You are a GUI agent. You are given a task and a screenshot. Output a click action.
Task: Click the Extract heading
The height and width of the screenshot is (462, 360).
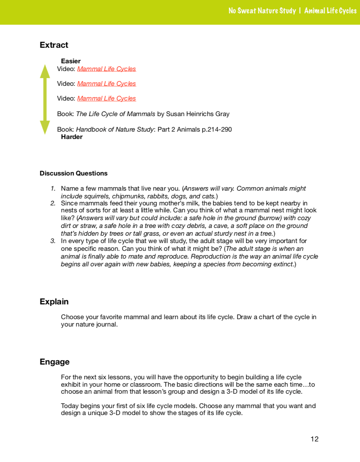tap(54, 45)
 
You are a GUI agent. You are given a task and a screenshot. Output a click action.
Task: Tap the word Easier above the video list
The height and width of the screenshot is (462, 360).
tap(71, 61)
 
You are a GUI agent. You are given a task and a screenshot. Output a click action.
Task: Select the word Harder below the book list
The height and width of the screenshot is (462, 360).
tap(72, 137)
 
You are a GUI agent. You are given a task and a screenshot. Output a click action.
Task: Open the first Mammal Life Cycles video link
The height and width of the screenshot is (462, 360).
tap(106, 69)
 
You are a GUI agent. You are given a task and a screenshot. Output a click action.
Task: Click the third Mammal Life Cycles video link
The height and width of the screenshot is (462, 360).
tap(106, 98)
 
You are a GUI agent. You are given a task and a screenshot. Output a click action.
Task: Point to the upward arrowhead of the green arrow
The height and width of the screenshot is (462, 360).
tap(45, 71)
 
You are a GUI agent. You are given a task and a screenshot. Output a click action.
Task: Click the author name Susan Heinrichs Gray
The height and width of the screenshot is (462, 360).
tap(197, 114)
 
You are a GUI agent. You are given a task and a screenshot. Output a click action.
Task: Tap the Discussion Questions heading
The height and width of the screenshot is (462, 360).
tap(73, 173)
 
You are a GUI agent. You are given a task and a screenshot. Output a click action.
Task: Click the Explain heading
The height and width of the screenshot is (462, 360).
tap(54, 302)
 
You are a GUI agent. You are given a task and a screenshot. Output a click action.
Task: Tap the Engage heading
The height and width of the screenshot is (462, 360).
tap(54, 362)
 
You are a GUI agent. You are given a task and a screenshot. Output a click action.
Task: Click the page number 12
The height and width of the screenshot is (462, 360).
tap(314, 439)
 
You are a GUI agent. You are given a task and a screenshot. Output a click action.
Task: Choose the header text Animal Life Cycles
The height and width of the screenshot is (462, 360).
tap(330, 11)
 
